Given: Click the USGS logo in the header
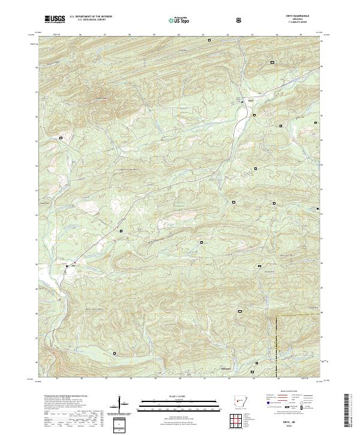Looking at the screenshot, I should coord(55,20).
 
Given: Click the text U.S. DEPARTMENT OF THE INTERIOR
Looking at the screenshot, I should coord(91,17).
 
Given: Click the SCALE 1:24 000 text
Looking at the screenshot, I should coord(179,395).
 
